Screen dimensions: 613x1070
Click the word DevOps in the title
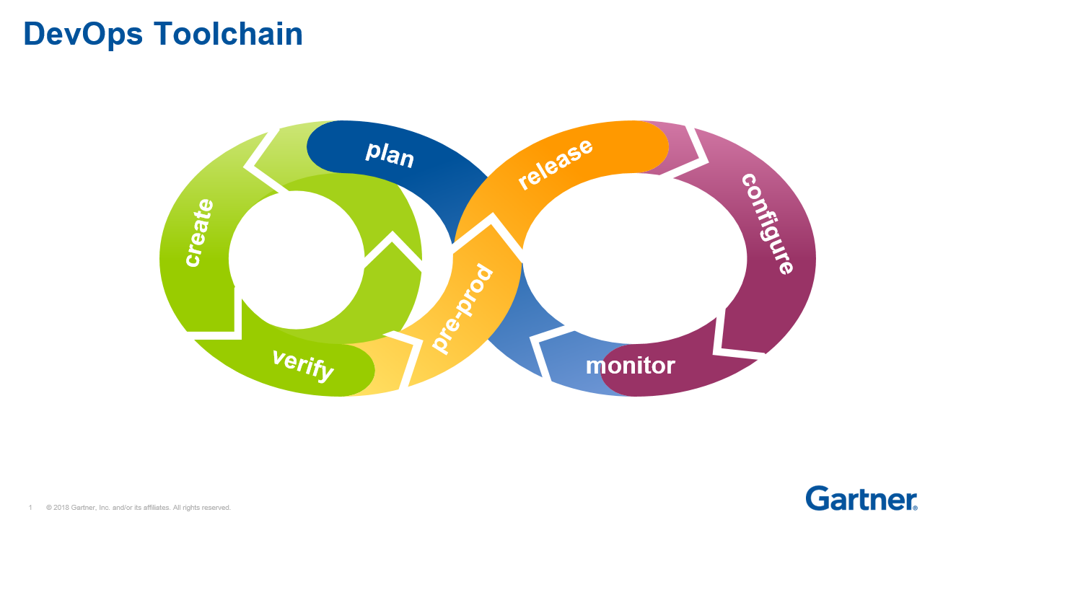coord(83,34)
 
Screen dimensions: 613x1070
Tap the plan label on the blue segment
coord(390,154)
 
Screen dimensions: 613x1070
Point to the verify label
coord(303,364)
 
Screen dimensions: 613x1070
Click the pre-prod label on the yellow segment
coord(462,309)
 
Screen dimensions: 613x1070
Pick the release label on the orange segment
coord(556,164)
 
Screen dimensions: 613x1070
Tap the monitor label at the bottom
coord(630,366)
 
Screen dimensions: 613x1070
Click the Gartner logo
coord(860,498)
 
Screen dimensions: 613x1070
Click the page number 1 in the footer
coord(30,508)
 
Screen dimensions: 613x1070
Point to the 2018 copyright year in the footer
coord(61,508)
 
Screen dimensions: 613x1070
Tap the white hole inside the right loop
coord(635,258)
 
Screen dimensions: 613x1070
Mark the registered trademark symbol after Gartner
coord(916,508)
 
